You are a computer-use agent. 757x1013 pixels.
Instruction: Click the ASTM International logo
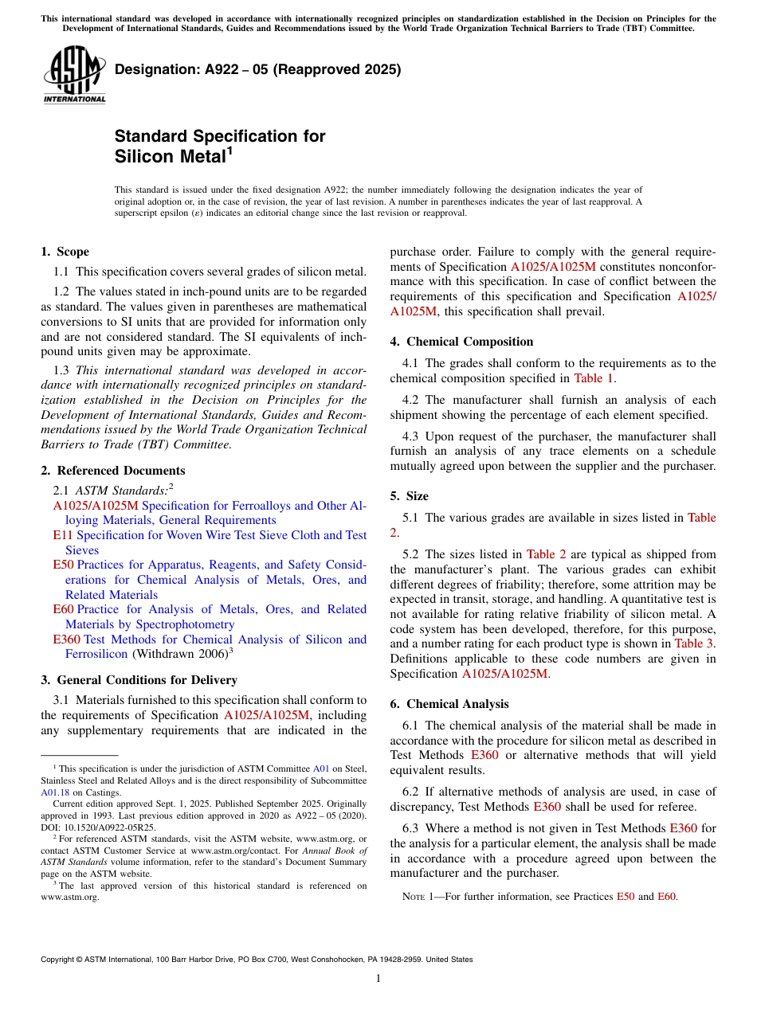74,75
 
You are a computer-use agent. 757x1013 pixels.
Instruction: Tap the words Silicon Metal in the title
170,157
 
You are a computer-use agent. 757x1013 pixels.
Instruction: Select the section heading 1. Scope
65,252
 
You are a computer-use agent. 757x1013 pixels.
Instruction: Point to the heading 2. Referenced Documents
112,471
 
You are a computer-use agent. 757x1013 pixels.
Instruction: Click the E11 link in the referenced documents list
63,535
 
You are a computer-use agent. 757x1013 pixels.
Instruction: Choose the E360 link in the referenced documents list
66,639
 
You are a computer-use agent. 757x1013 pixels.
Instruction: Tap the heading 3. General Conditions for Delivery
139,680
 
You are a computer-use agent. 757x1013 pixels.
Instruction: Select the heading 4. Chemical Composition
461,342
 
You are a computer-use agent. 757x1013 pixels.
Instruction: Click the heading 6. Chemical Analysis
449,704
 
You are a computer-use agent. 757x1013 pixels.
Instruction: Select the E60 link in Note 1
666,897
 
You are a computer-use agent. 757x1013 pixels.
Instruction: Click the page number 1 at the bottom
378,979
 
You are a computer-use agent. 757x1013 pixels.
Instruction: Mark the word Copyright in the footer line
59,960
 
